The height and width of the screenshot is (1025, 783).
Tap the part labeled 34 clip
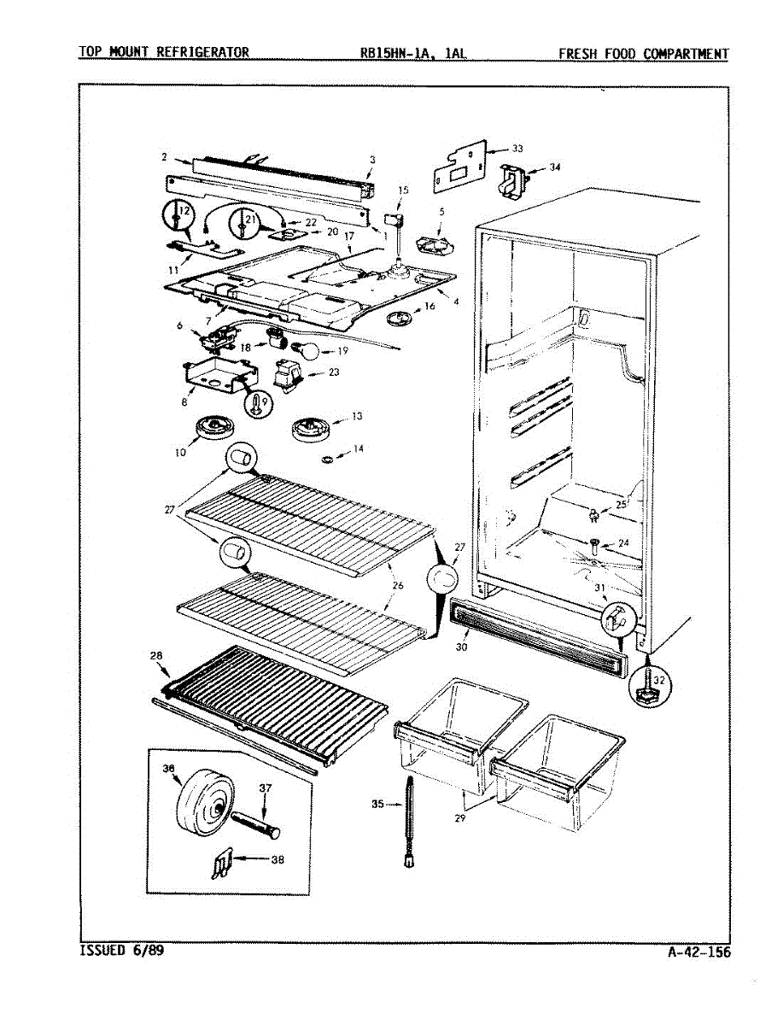tap(514, 179)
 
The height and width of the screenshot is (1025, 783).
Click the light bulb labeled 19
tap(305, 349)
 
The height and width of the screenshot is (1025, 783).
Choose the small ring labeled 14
tap(327, 461)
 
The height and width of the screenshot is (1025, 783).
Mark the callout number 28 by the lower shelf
tap(156, 656)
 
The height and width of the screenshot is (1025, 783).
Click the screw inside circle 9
tap(257, 404)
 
